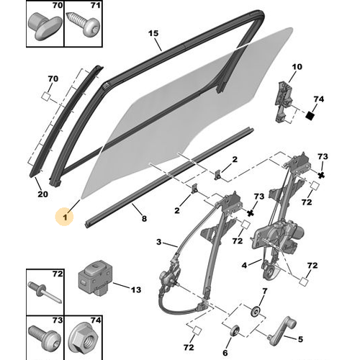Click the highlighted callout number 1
(x=65, y=217)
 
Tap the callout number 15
(x=153, y=33)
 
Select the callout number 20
(x=43, y=194)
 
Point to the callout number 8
(x=144, y=218)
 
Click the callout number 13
(x=136, y=290)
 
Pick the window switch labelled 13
(x=94, y=278)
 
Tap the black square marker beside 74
(x=310, y=116)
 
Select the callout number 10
(x=297, y=67)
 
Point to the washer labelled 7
(x=256, y=311)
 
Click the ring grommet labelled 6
(x=235, y=331)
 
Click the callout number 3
(x=159, y=242)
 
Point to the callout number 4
(x=244, y=265)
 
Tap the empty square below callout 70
(x=45, y=96)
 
